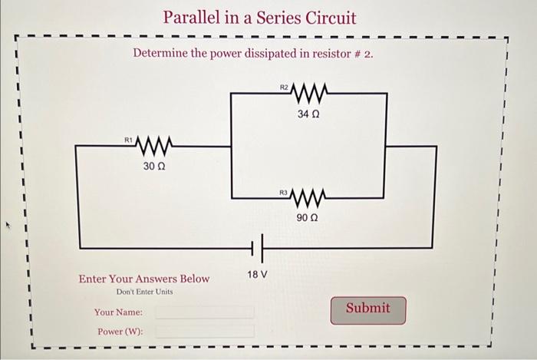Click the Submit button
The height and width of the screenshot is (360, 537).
click(368, 309)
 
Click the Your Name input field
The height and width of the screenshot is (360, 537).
click(205, 312)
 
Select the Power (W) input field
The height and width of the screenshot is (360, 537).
click(205, 332)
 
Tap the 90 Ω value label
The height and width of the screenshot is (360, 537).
click(307, 218)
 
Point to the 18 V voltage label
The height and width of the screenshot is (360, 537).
click(257, 274)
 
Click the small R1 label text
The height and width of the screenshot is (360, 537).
click(129, 139)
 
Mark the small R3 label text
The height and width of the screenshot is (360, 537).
click(283, 191)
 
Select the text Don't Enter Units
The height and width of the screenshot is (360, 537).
click(144, 292)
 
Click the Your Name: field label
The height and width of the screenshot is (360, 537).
click(118, 312)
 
